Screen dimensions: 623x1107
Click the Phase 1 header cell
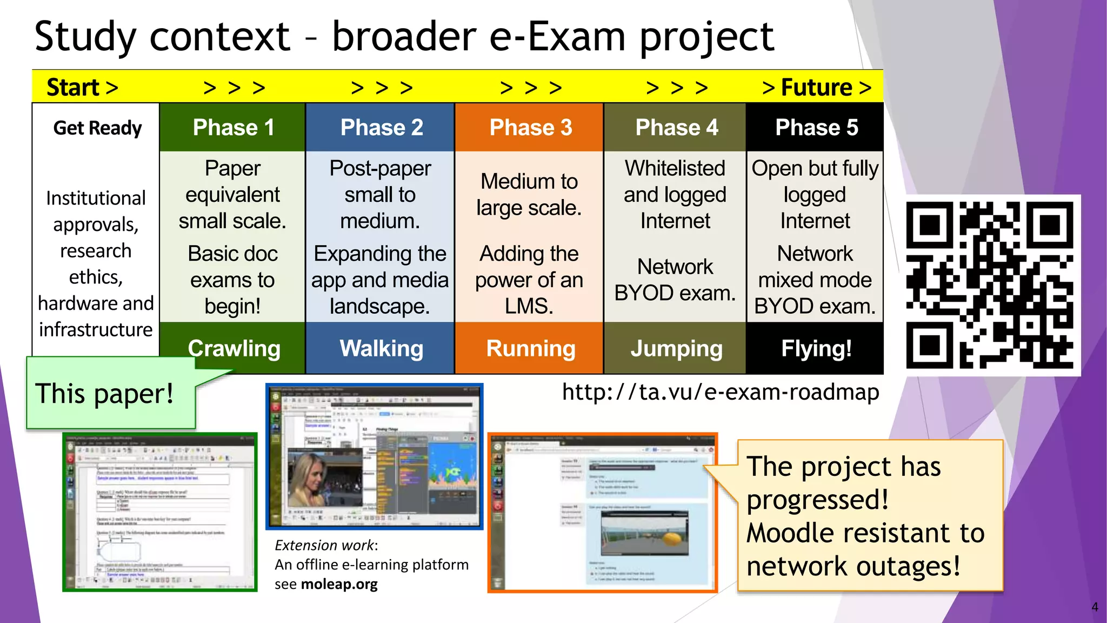233,128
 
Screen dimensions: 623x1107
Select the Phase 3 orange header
530,128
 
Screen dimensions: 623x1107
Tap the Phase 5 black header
816,128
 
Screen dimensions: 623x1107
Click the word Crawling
234,349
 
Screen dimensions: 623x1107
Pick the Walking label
381,349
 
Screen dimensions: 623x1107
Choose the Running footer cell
530,349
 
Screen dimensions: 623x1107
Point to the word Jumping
676,349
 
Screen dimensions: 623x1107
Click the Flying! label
816,349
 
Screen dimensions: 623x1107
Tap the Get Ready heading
97,128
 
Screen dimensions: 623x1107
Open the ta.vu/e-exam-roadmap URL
720,392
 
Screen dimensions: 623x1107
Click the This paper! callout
105,394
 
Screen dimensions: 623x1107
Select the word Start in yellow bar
73,87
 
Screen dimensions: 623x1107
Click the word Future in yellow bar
816,87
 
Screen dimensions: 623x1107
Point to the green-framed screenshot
160,512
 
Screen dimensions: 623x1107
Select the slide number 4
1094,607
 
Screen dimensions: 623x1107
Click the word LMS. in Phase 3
529,306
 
